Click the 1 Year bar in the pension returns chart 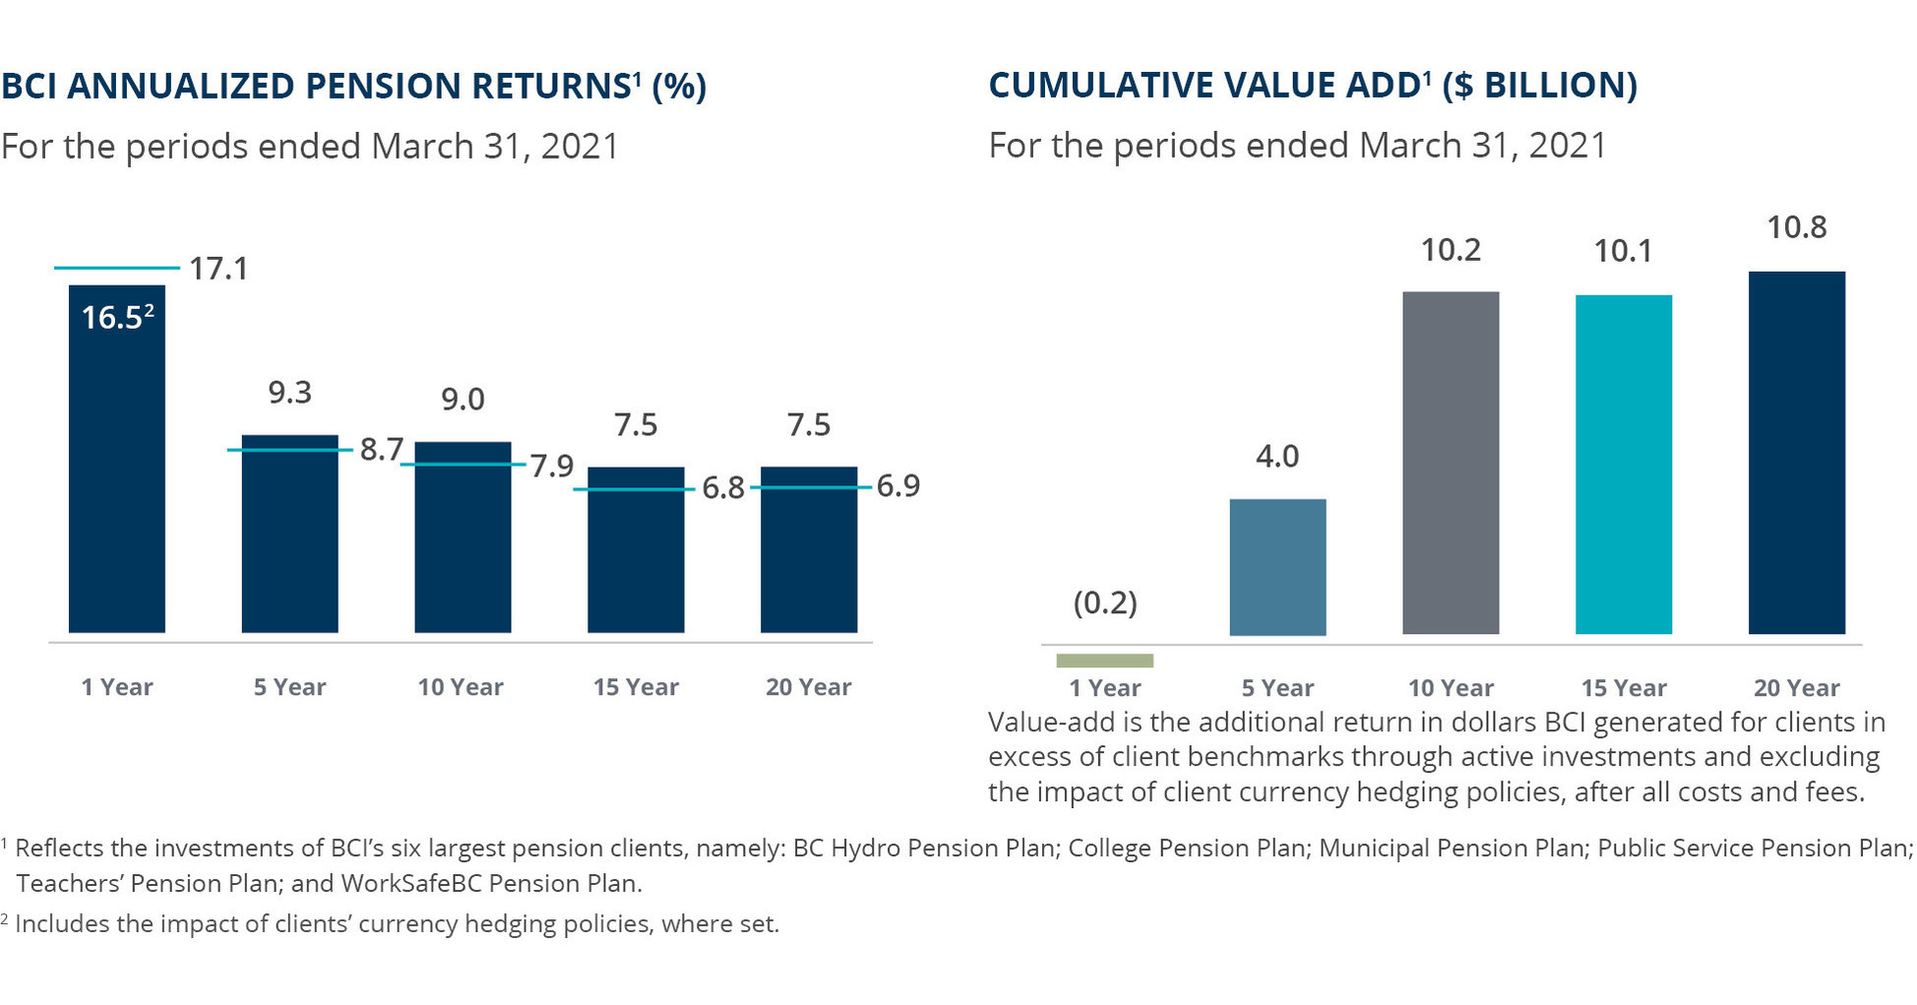point(117,459)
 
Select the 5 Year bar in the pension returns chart point(290,534)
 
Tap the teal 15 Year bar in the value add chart point(1624,465)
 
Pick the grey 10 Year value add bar point(1451,463)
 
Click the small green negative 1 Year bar point(1104,660)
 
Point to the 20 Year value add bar point(1797,453)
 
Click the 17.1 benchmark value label point(218,269)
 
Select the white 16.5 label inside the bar point(117,317)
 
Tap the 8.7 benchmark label point(382,450)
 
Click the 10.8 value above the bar point(1797,227)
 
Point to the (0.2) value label point(1105,602)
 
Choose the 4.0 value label point(1277,457)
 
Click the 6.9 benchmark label point(898,486)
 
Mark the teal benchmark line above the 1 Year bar point(117,267)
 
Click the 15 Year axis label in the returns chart point(636,687)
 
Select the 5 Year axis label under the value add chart point(1277,688)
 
